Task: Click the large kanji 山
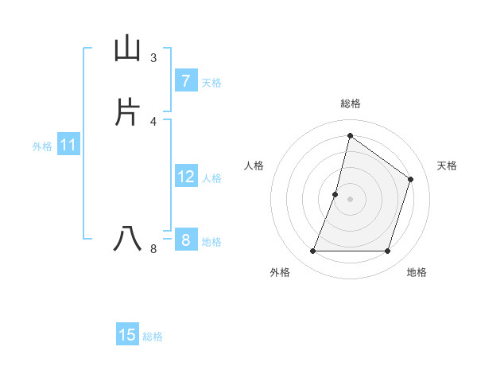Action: (x=127, y=49)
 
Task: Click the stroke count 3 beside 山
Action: (x=153, y=58)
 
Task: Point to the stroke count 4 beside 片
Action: (x=153, y=121)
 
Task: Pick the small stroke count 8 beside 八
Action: (x=153, y=249)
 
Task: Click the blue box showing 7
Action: (x=185, y=81)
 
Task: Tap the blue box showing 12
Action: (x=185, y=177)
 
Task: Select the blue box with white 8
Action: (x=185, y=240)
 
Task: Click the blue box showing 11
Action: (x=68, y=146)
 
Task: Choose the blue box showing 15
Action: (x=127, y=335)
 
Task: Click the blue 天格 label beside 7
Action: (x=211, y=82)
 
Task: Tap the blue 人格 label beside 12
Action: (x=211, y=178)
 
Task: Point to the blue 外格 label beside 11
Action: (x=42, y=146)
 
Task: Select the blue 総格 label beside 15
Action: (x=153, y=337)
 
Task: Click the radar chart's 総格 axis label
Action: (x=350, y=103)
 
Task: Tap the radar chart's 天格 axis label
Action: (x=448, y=166)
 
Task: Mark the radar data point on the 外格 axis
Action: (x=312, y=251)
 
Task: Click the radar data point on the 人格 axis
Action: (x=335, y=194)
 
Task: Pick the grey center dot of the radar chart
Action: (x=350, y=199)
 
